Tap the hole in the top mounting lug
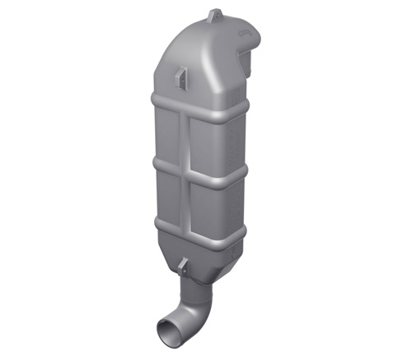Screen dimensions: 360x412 tap(215, 14)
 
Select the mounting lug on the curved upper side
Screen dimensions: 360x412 tap(179, 73)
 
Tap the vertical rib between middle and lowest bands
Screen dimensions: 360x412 tap(188, 198)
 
